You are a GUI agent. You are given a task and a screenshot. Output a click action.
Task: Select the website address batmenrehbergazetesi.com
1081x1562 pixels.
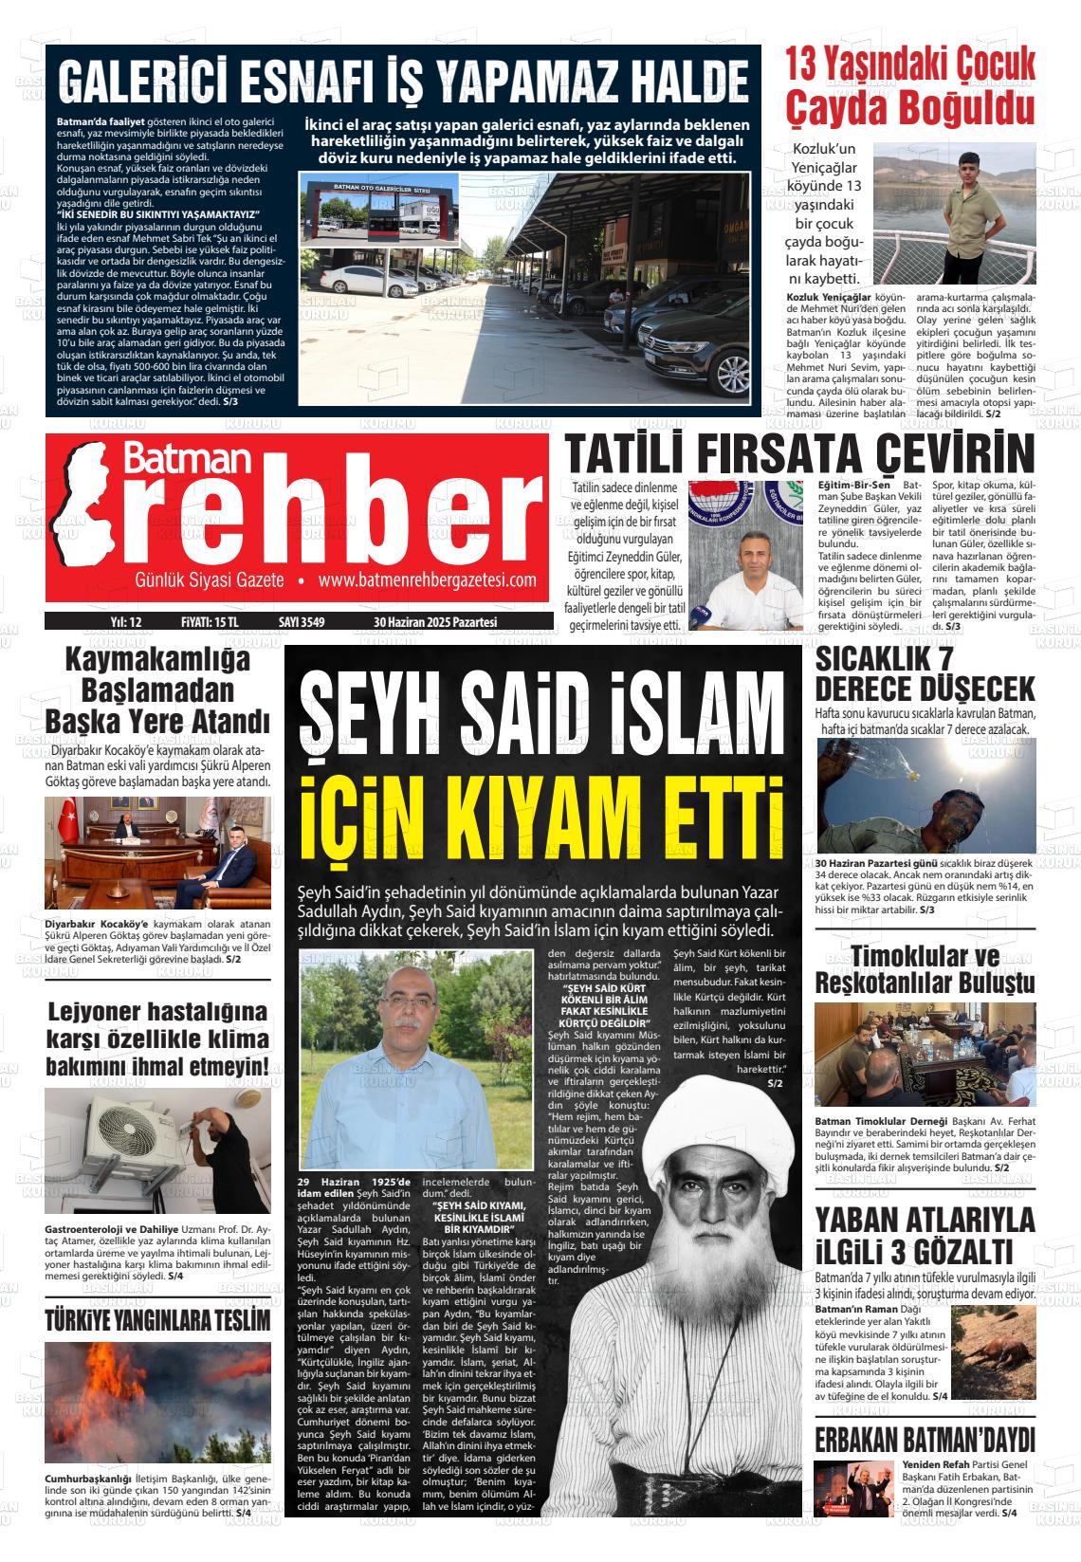[x=428, y=580]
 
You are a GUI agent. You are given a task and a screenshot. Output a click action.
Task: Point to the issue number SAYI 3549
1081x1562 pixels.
[x=302, y=622]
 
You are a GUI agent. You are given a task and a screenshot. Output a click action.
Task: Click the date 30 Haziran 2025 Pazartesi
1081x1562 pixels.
[x=435, y=622]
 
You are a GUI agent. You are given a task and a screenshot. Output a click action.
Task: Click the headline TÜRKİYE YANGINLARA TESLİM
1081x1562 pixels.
[x=157, y=1320]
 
